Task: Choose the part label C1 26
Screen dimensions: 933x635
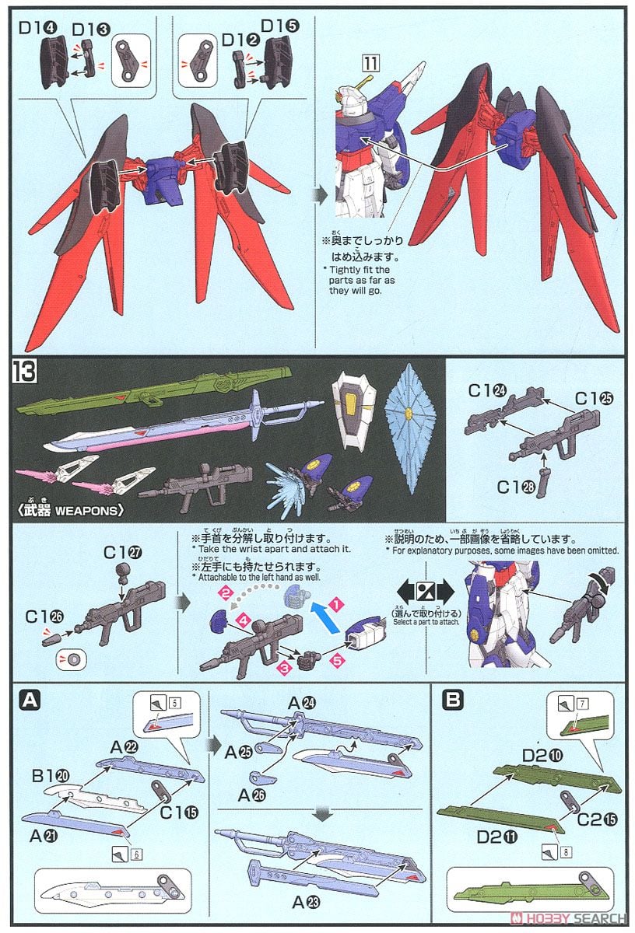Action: click(x=39, y=616)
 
